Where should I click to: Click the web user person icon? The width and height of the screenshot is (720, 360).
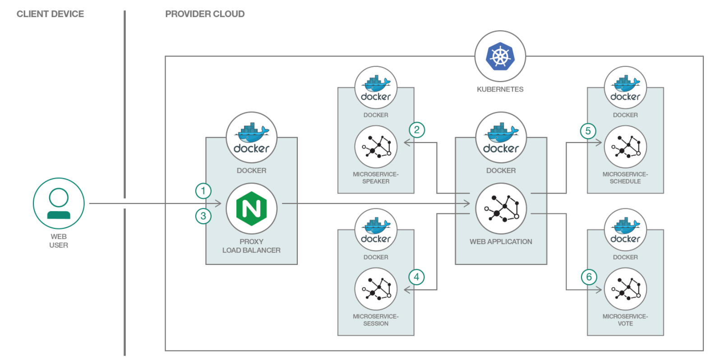click(59, 203)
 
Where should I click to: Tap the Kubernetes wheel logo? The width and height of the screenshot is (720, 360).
click(500, 56)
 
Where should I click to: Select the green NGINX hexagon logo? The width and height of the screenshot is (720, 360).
click(251, 208)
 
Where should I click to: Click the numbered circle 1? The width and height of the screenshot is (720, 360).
click(203, 191)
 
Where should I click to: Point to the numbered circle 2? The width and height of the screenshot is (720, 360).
click(417, 130)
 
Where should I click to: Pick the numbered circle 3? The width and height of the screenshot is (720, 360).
click(203, 216)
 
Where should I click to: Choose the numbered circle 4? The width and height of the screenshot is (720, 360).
click(416, 277)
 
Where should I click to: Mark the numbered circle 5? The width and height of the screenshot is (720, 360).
click(588, 131)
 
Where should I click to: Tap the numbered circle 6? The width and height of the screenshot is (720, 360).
click(589, 277)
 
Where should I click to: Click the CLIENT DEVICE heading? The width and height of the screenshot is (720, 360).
click(50, 14)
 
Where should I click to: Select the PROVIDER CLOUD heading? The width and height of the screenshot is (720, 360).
click(205, 14)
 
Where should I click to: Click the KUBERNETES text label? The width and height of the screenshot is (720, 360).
click(500, 89)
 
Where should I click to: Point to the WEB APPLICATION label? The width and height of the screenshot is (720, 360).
click(501, 242)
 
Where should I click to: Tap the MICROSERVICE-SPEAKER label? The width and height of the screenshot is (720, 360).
click(376, 178)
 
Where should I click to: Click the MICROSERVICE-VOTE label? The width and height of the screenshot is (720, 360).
click(625, 320)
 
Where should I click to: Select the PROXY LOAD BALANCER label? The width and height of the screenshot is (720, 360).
click(251, 246)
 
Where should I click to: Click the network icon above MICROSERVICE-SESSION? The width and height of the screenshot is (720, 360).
click(376, 289)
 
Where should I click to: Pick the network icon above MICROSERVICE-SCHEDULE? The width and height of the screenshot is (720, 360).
click(625, 147)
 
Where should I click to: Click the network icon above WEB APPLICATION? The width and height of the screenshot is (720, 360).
click(501, 208)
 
